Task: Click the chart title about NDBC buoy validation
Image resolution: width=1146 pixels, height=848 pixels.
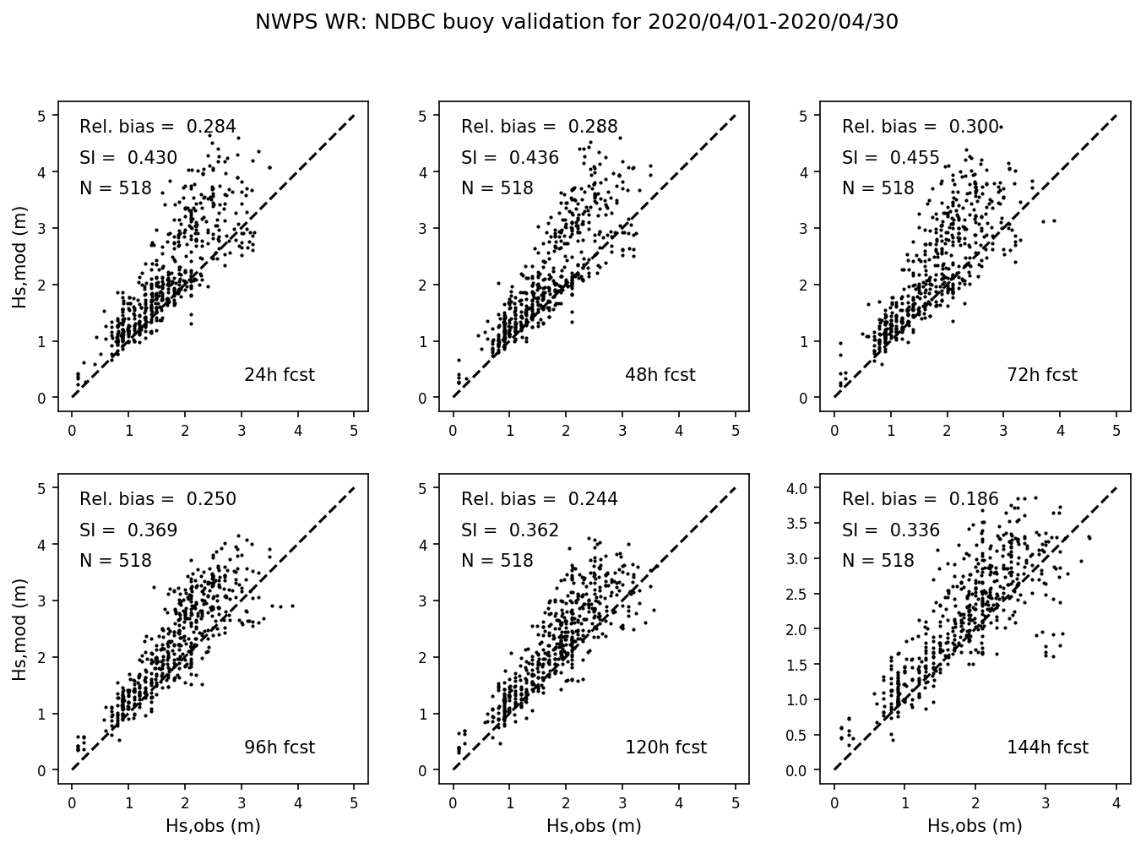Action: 576,23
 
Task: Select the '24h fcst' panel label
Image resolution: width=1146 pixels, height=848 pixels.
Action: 279,375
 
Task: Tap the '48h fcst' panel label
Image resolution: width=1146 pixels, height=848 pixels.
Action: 660,375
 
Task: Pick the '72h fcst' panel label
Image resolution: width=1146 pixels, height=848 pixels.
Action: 1041,375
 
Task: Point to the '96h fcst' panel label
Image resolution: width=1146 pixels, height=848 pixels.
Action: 279,747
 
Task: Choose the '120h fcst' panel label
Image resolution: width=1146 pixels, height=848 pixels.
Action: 665,747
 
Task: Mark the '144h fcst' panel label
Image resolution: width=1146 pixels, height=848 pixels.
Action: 1047,747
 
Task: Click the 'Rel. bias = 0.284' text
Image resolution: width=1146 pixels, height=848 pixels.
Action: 158,127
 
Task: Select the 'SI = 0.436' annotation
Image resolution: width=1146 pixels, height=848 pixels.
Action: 510,158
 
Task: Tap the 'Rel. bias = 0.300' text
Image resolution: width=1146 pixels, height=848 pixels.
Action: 921,127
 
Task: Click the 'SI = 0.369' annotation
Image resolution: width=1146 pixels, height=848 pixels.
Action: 128,530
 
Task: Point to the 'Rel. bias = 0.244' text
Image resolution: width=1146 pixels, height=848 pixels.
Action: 540,499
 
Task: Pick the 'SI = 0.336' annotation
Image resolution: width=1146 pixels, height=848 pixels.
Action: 891,530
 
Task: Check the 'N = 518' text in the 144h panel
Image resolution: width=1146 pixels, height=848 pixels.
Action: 878,561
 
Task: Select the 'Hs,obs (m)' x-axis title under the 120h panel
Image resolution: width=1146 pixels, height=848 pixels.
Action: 594,826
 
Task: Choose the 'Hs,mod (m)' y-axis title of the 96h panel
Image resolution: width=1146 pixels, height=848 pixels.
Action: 19,629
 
